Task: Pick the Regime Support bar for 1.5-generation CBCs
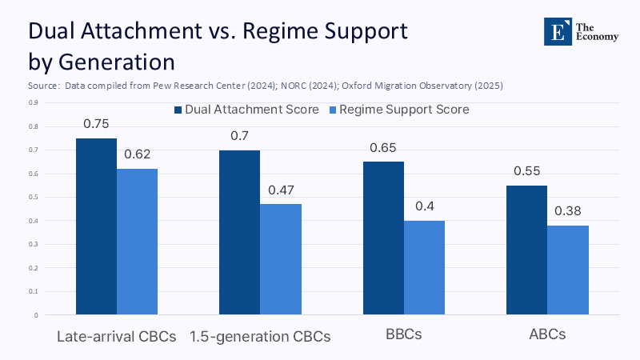[x=281, y=259]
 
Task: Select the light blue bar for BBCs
[x=424, y=267]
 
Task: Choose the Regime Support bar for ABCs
[x=568, y=270]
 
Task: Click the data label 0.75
[x=96, y=124]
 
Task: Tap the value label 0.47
[x=281, y=190]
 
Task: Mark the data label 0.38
[x=568, y=211]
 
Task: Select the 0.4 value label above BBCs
[x=424, y=206]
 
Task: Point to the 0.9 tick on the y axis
[x=33, y=102]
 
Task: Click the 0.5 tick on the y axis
[x=33, y=197]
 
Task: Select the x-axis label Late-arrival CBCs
[x=117, y=336]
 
